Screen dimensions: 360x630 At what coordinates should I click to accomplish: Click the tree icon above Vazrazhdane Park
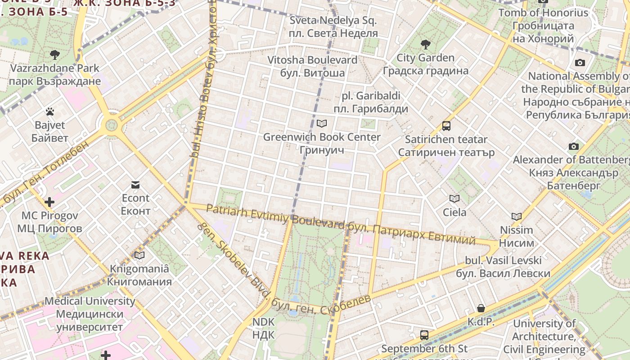tap(55, 55)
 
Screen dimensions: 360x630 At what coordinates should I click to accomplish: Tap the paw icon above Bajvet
tap(49, 111)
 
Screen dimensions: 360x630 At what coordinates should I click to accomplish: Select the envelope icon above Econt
tap(135, 184)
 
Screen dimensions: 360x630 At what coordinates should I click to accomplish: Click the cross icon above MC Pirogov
tap(49, 202)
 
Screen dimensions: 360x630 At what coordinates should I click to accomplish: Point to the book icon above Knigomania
tap(139, 255)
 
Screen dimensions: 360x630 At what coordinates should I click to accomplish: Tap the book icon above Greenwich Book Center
tap(321, 123)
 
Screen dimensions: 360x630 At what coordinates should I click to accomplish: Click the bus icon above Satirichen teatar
tap(446, 126)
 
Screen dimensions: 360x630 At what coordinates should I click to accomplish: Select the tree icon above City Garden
tap(425, 44)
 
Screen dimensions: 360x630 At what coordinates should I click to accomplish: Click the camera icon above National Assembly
tap(580, 63)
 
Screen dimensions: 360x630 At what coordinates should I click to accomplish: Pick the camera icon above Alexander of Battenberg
tap(573, 146)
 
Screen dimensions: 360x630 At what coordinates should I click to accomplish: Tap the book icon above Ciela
tap(454, 198)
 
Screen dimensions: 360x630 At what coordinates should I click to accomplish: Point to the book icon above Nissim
tap(516, 216)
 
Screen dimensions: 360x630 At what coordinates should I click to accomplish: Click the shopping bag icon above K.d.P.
tap(481, 308)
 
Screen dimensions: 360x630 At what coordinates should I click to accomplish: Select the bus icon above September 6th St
tap(424, 335)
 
